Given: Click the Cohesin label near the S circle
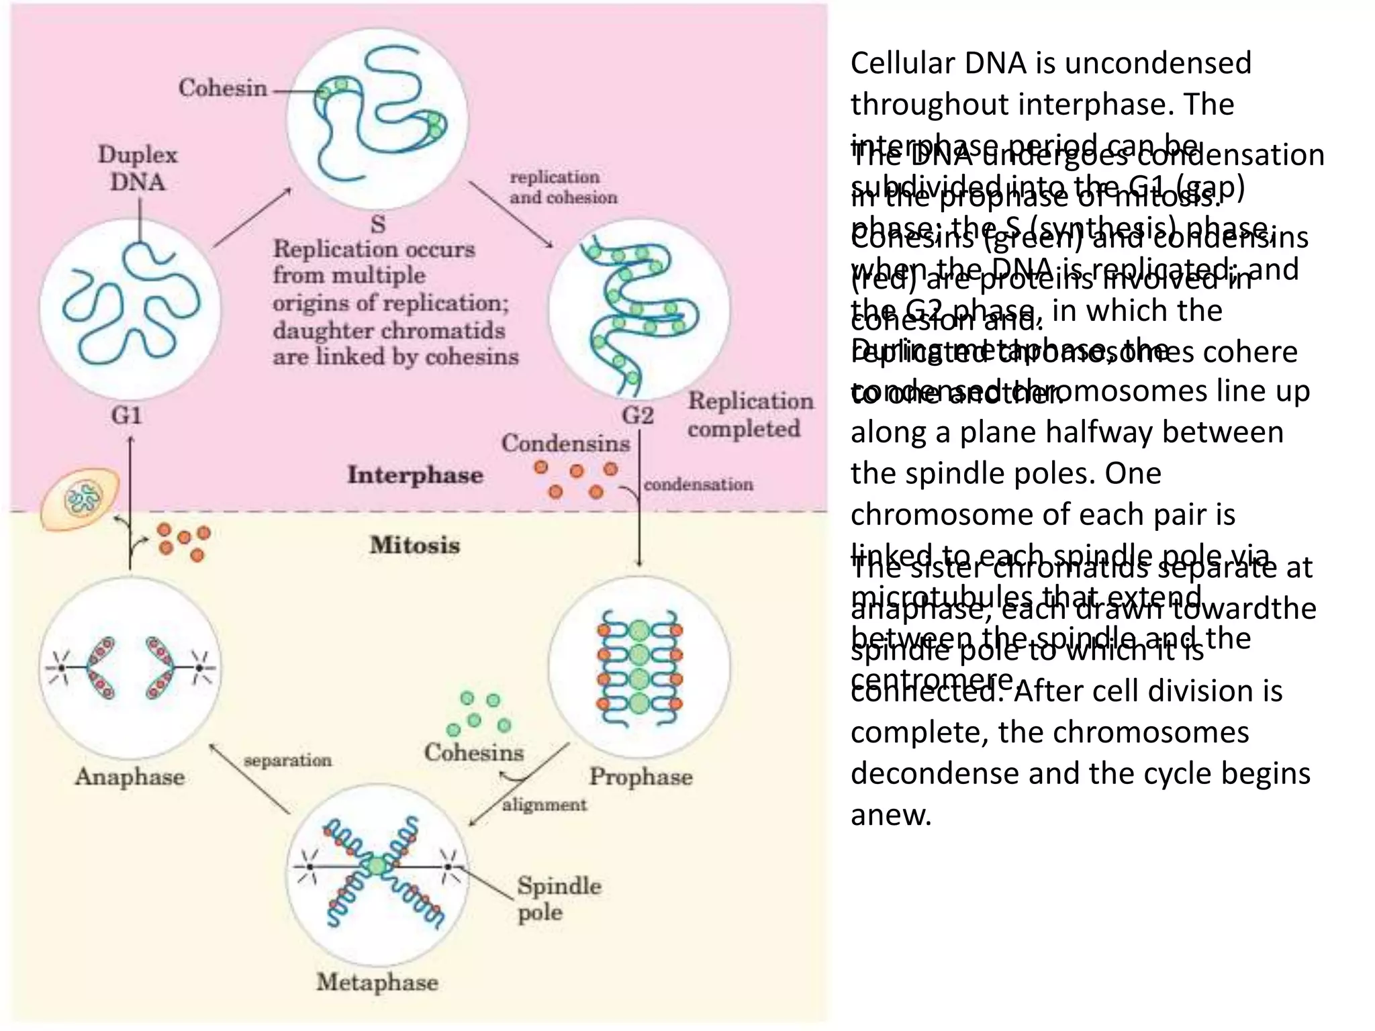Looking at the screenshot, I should (x=223, y=88).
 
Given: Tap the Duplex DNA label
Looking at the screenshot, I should (x=138, y=168).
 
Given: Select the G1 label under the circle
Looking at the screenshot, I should (x=126, y=415).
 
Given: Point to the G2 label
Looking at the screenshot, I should (x=637, y=415).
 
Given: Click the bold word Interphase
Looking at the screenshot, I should (x=415, y=475).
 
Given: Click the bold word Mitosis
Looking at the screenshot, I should (x=415, y=545).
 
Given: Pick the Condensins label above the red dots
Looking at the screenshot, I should (x=565, y=444).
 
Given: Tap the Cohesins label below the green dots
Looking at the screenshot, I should (x=474, y=752).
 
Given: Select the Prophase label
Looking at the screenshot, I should (x=641, y=777).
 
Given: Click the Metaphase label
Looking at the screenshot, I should (x=377, y=983).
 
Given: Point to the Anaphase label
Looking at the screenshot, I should (x=130, y=777).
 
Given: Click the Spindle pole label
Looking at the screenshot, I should (x=558, y=899).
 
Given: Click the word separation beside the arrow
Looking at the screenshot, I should (x=287, y=760).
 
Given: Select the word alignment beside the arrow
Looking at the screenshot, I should (x=544, y=804).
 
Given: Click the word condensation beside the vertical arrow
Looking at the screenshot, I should (x=698, y=484).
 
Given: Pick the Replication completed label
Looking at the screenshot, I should (x=749, y=415).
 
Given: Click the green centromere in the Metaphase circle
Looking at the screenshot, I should (x=379, y=867).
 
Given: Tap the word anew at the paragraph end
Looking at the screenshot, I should (x=891, y=815).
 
